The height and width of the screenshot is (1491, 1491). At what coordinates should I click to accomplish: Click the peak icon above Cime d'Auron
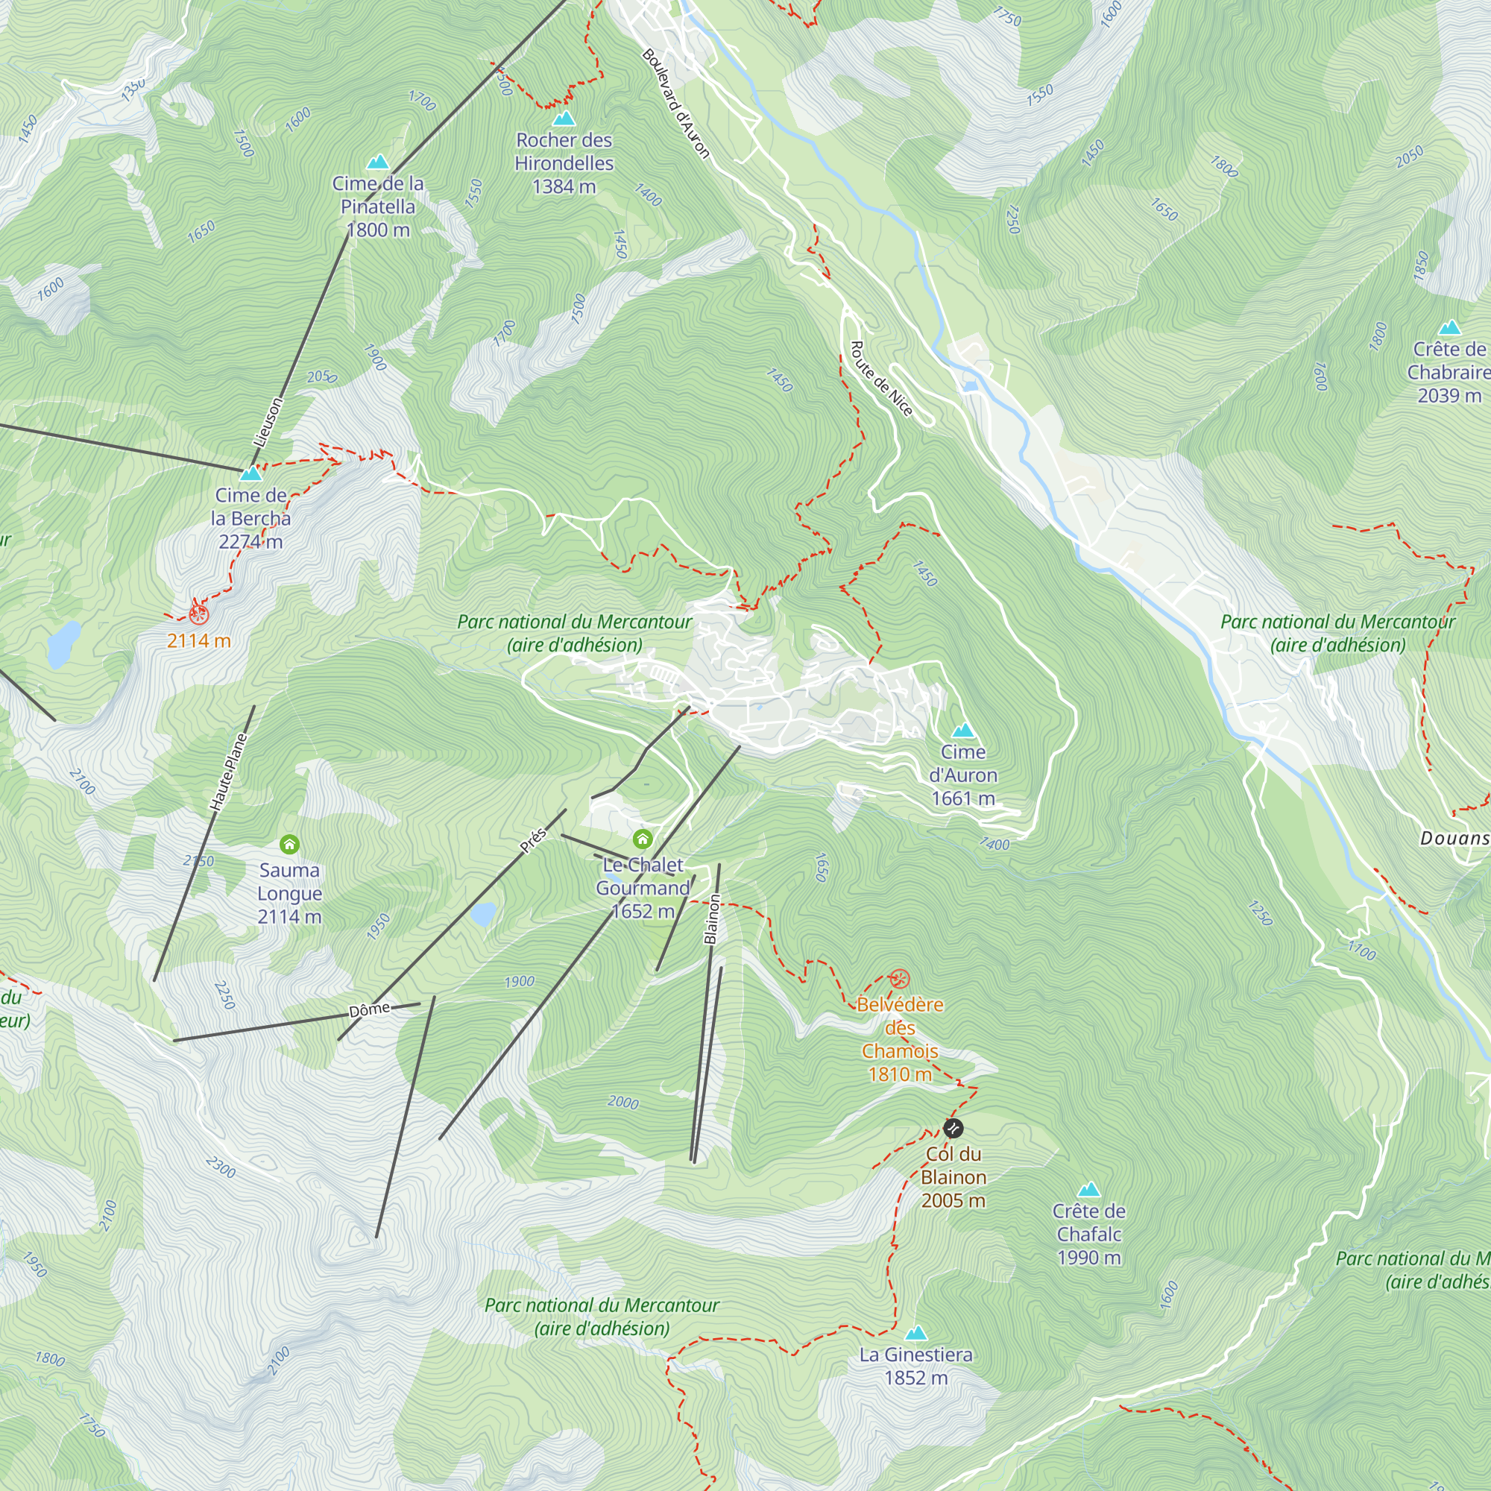point(962,730)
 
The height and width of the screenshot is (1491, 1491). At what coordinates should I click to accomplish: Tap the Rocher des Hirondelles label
point(564,163)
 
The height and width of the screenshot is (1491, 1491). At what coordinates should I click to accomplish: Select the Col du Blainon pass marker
point(953,1128)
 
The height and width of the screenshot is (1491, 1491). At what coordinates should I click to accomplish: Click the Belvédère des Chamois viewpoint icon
point(899,980)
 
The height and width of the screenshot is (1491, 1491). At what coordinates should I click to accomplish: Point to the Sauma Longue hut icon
point(289,845)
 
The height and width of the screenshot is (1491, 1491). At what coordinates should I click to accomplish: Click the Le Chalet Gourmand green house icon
point(642,839)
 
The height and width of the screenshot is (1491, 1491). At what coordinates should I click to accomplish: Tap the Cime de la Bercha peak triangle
point(250,473)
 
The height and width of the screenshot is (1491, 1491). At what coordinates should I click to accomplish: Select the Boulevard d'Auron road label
point(675,104)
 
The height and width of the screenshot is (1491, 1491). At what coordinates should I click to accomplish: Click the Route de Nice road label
point(880,378)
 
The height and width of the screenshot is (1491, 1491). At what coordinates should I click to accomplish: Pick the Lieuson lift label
point(268,421)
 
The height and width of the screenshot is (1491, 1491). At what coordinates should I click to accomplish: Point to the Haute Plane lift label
point(228,772)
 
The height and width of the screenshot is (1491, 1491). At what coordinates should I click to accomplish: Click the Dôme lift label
point(369,1010)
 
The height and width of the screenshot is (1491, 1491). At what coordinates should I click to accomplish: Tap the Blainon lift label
point(711,919)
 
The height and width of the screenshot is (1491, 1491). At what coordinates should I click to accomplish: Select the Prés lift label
point(532,839)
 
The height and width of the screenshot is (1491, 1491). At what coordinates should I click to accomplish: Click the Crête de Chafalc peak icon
point(1088,1189)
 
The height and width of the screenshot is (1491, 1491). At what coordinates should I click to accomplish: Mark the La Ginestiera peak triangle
point(915,1334)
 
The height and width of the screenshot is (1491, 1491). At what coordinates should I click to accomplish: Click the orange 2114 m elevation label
point(199,640)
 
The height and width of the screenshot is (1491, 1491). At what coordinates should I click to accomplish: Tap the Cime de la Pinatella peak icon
point(377,162)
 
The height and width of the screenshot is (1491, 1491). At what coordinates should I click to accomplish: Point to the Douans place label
point(1453,838)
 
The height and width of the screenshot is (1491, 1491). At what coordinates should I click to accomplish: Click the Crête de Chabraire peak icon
point(1449,327)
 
